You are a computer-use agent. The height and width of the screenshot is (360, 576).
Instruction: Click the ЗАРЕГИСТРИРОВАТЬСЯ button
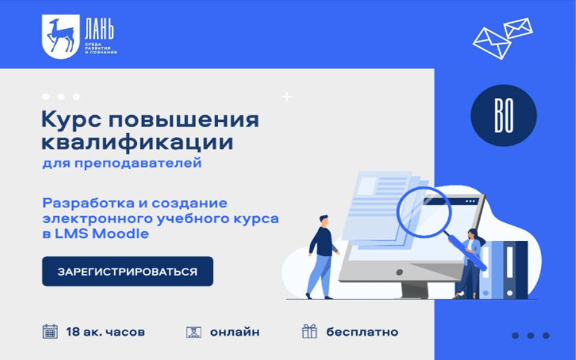point(127,271)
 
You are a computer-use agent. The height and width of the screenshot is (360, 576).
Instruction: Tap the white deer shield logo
point(61,37)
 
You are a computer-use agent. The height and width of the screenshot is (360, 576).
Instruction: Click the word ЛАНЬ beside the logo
point(99,30)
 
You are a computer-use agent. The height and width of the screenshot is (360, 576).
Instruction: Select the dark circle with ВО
point(503,116)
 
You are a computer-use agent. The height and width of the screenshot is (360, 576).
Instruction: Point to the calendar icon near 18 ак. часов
point(50,332)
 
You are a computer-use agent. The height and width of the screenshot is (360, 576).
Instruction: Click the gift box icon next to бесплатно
point(310,331)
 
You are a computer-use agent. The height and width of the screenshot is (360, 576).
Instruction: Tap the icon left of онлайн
point(194,332)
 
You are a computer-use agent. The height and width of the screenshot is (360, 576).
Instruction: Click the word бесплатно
point(362,332)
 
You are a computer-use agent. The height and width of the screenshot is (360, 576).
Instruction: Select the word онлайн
point(235,332)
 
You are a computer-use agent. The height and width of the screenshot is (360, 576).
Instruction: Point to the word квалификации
point(137,143)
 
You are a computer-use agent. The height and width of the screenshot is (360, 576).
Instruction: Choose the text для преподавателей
point(122,163)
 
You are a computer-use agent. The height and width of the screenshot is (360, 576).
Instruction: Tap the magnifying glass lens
point(424,212)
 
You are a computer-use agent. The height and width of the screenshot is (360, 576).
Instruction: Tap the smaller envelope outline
point(518,28)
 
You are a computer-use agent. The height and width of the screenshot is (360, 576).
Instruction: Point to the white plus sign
point(287,97)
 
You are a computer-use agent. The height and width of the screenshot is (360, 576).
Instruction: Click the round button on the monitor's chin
point(400,272)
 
